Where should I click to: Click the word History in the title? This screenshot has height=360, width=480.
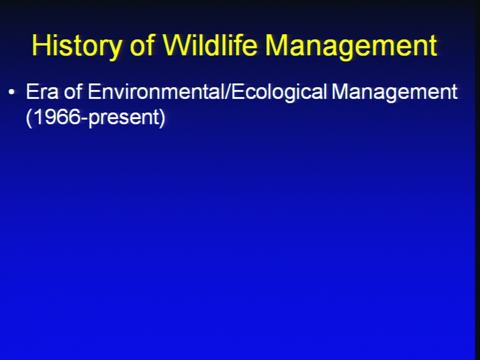(x=76, y=46)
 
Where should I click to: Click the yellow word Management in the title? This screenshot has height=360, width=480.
(x=351, y=46)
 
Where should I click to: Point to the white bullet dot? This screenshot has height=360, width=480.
(x=11, y=92)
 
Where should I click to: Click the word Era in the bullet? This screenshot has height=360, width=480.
(x=42, y=91)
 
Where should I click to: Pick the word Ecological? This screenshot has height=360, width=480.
(x=279, y=93)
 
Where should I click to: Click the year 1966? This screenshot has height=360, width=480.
(x=57, y=117)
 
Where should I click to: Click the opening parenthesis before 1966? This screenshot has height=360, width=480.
(x=29, y=118)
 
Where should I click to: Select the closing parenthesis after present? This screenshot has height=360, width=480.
(x=162, y=118)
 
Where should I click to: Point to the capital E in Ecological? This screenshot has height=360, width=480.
(x=237, y=91)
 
